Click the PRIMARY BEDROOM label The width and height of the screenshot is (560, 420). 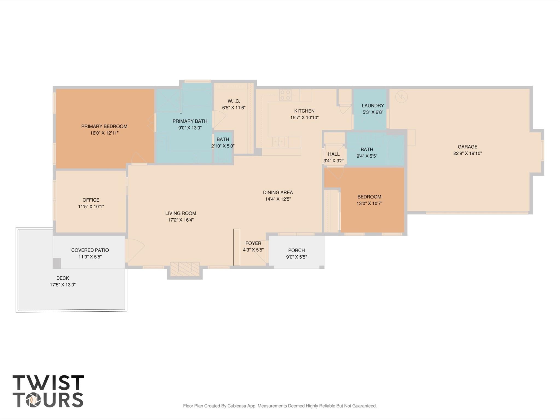[104, 126]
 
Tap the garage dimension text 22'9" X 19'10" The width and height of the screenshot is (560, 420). [467, 153]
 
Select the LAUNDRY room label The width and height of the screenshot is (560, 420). [373, 106]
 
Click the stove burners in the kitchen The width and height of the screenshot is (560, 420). [285, 95]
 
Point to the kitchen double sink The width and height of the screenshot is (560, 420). [279, 142]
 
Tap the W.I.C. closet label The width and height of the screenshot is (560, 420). [234, 101]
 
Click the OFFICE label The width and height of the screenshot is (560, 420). [91, 200]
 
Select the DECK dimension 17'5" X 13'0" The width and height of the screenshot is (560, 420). [63, 285]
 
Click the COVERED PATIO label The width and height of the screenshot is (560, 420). [90, 250]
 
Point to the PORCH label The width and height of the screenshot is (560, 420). [296, 250]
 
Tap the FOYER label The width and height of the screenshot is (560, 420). [253, 243]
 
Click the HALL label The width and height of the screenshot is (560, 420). [333, 154]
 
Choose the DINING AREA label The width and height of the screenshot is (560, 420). [278, 192]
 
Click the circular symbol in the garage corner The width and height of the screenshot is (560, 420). [401, 96]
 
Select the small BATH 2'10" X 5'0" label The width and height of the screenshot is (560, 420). [223, 140]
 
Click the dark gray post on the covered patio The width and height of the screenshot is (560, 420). [57, 263]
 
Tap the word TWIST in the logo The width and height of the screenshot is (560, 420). [48, 383]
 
